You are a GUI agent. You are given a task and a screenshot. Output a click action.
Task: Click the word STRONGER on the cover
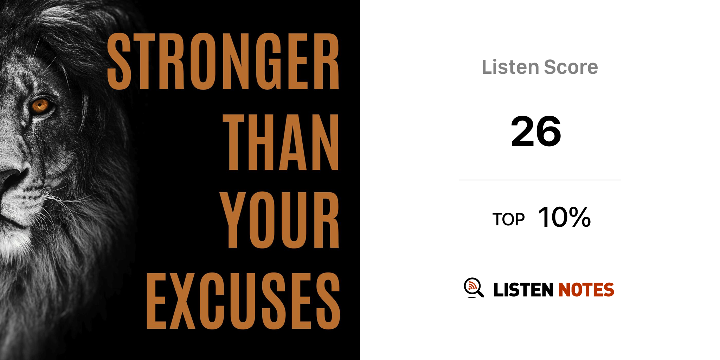pos(223,61)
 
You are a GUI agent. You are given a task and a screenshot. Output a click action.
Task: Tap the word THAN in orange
pos(281,142)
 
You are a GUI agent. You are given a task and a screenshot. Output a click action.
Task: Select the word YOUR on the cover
pos(279,220)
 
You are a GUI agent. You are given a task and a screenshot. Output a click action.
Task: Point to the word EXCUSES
pos(243,301)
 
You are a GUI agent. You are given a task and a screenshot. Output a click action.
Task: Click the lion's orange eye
pos(40,105)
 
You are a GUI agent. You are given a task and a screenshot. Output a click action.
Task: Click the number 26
pos(536,131)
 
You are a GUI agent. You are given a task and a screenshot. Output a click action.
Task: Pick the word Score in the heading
pos(571,67)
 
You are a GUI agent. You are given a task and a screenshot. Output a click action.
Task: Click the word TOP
pos(508,219)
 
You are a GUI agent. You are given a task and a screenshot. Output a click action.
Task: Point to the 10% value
pos(564,217)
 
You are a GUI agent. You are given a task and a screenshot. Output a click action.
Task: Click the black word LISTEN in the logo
pos(523,290)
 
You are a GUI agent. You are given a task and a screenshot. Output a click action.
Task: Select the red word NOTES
pos(586,290)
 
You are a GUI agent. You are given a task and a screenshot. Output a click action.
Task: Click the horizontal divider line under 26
pos(540,180)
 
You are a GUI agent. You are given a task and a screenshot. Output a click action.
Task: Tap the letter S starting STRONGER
pos(119,61)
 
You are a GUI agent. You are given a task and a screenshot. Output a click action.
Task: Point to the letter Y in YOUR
pos(233,220)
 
